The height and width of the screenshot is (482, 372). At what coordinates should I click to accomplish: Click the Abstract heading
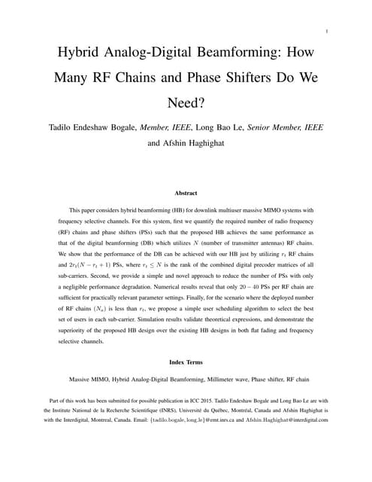(186, 194)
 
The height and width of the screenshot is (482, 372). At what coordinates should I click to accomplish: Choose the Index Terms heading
(186, 362)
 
